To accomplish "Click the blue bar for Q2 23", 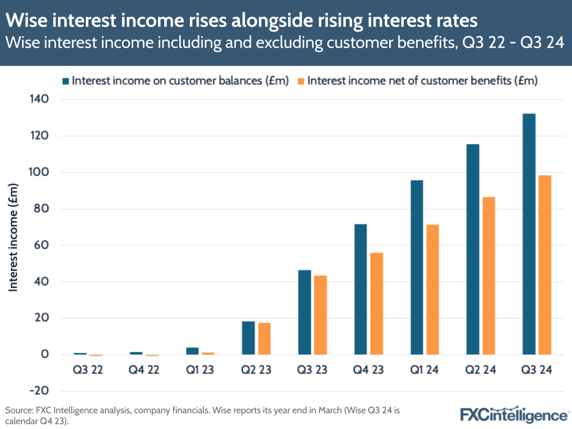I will click(x=248, y=338).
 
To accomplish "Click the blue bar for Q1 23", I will click(x=192, y=351).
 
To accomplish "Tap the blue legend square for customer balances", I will click(x=66, y=81).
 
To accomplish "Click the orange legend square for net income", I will click(x=301, y=81).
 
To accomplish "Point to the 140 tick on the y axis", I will click(x=40, y=100).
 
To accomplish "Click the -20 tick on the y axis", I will click(x=38, y=391).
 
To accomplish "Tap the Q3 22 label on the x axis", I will click(x=88, y=371).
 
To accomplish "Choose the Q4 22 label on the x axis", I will click(x=144, y=371).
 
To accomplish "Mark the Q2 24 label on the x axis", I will click(x=480, y=371).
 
